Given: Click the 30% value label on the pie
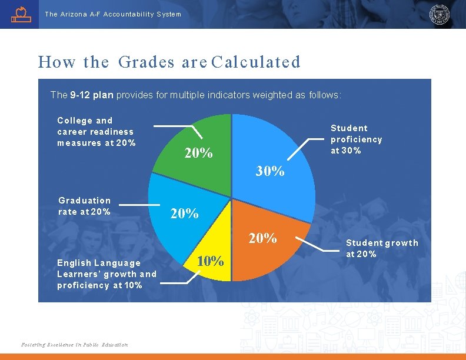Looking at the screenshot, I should (270, 171).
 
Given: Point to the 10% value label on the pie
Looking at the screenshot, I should (210, 261).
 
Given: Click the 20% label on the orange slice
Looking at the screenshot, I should (262, 238).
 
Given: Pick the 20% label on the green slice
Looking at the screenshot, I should (199, 154).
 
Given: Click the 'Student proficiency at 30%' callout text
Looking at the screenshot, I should (356, 139).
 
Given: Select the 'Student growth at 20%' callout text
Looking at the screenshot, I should (381, 248).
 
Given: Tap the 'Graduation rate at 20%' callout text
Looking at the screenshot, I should (84, 206).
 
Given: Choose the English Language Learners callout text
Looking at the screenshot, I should (106, 274).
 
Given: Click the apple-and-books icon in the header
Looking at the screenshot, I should (21, 14).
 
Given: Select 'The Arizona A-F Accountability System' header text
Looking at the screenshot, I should (113, 14).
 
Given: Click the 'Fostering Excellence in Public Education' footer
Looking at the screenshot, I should (74, 345).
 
